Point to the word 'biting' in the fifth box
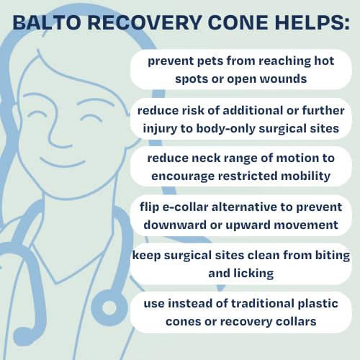pos(329,257)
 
